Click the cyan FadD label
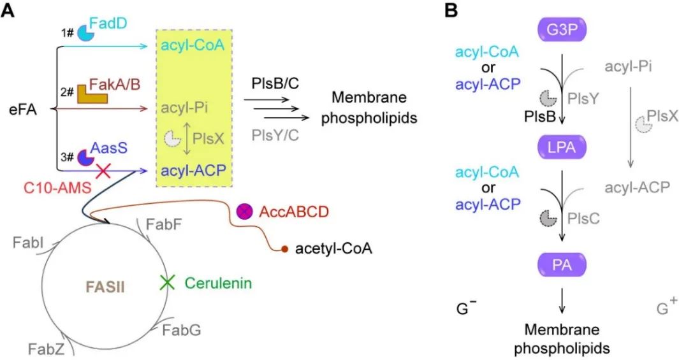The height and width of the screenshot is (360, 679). click(108, 23)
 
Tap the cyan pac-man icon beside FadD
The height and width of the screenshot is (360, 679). click(85, 34)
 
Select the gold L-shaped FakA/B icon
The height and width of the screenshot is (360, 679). click(92, 94)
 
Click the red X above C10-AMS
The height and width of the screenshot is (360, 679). click(103, 171)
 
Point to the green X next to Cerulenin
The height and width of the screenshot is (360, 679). click(166, 283)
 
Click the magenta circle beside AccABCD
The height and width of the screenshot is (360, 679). click(244, 212)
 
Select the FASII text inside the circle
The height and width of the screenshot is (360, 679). click(105, 287)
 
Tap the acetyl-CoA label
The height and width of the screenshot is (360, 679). click(333, 249)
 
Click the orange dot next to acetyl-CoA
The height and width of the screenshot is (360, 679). click(284, 248)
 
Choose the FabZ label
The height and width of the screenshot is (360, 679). click(47, 349)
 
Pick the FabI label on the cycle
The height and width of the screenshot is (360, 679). click(28, 242)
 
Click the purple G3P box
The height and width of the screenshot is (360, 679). click(562, 31)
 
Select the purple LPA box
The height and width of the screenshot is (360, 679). click(562, 147)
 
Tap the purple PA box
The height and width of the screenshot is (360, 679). click(562, 264)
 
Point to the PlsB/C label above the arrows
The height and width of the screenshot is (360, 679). click(275, 83)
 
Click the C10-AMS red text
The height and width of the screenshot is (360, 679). click(57, 187)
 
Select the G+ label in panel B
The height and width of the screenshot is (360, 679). click(667, 307)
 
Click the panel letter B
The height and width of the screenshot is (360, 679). click(451, 10)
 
